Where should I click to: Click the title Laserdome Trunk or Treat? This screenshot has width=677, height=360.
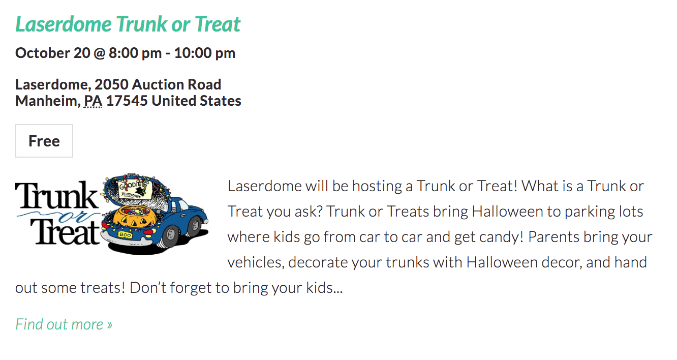(128, 24)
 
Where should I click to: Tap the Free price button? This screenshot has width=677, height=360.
(44, 141)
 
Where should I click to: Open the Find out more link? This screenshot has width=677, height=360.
(64, 324)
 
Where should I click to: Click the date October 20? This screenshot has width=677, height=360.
(53, 53)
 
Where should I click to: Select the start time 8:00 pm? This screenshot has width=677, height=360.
(135, 53)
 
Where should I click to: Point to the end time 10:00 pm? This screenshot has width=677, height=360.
(205, 53)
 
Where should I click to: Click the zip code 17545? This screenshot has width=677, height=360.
(127, 101)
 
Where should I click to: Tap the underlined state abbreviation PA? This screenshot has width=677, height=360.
(93, 101)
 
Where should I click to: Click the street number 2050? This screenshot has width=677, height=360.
(111, 84)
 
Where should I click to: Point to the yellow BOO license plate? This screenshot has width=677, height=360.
(125, 234)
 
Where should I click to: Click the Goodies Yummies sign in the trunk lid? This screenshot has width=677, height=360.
(135, 189)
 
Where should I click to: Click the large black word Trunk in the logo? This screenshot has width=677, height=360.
(57, 195)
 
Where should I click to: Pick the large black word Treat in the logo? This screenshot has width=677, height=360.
(65, 232)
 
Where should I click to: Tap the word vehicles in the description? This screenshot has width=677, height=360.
(256, 262)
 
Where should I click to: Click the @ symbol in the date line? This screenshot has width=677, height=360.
(100, 53)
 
